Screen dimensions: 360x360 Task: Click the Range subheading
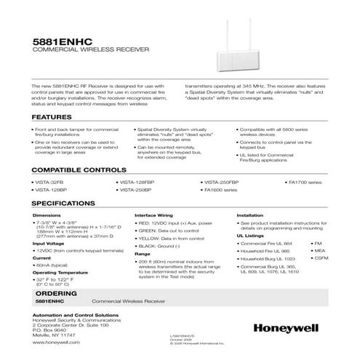click(x=143, y=255)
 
